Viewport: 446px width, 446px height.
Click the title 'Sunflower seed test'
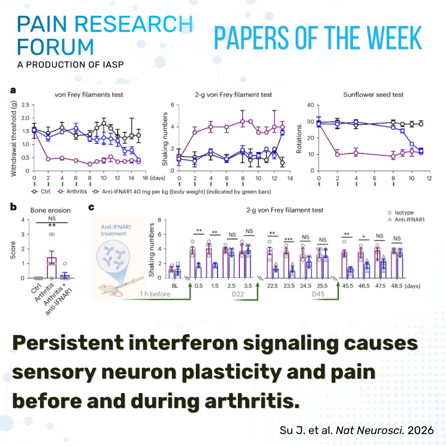pos(373,95)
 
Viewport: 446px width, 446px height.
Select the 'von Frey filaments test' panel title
pos(89,95)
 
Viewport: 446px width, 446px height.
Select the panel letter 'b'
pos(13,208)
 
